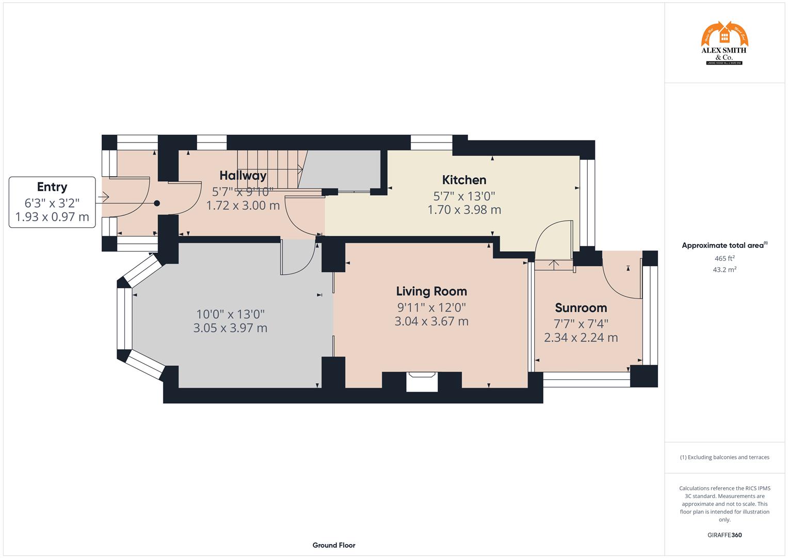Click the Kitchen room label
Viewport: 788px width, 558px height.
click(x=464, y=180)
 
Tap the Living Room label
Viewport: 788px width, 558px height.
click(x=431, y=291)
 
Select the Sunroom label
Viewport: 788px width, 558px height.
click(x=581, y=308)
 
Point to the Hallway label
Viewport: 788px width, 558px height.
click(x=243, y=175)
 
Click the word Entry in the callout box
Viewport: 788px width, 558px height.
click(x=52, y=187)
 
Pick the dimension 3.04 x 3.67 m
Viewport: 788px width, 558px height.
click(x=431, y=321)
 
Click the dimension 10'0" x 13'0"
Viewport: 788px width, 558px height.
click(x=230, y=314)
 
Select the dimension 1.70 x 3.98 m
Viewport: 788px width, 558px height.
click(x=464, y=210)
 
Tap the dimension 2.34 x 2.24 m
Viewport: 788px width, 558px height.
click(x=581, y=337)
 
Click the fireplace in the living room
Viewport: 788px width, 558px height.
click(x=422, y=382)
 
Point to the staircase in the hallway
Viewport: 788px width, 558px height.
click(x=269, y=169)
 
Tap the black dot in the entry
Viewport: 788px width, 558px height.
click(x=157, y=204)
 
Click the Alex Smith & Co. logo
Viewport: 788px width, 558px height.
click(x=724, y=43)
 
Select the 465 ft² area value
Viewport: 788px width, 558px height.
click(x=725, y=258)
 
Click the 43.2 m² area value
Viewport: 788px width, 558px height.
click(x=725, y=270)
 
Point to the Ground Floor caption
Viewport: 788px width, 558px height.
click(x=334, y=545)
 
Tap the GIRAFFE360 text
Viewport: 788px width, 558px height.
click(x=725, y=535)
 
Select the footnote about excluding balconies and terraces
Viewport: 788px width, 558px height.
click(x=725, y=457)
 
